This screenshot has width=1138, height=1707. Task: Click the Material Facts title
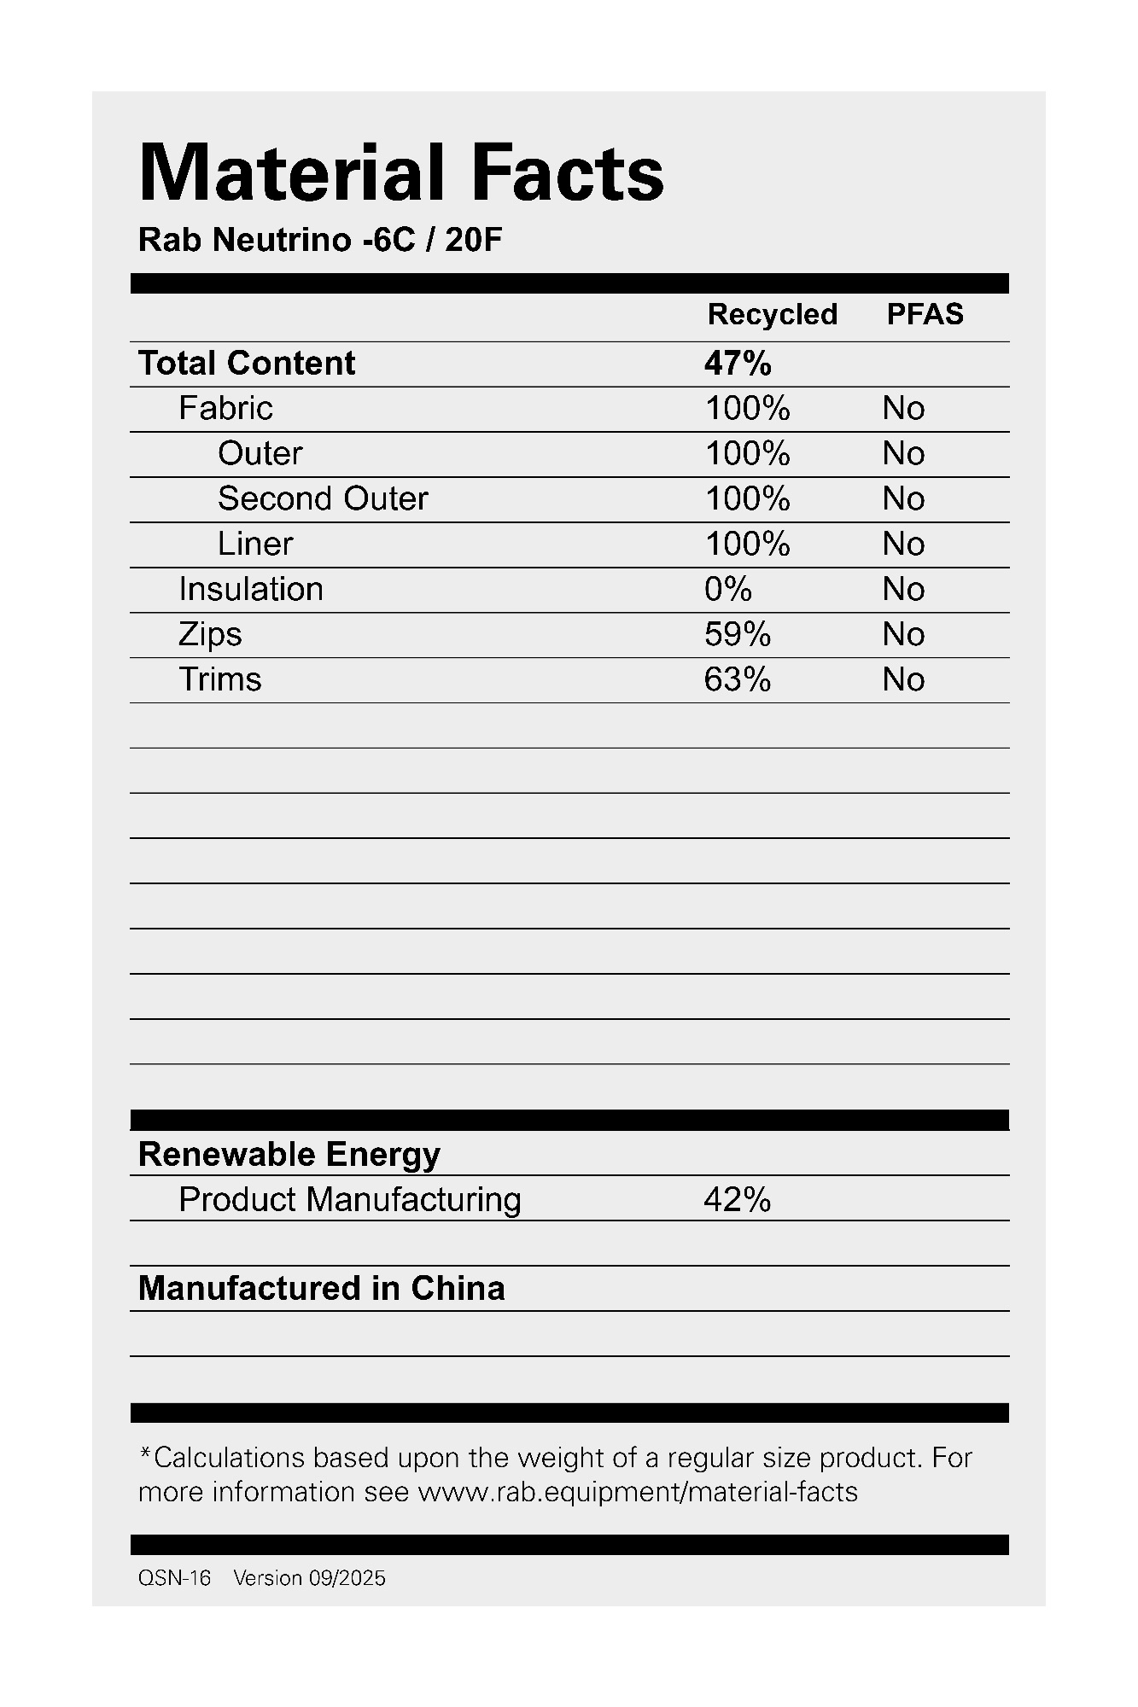coord(400,173)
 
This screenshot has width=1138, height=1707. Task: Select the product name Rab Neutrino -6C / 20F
coord(320,241)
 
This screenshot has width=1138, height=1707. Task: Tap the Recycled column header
coord(772,315)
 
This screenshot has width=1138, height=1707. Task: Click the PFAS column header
coord(925,315)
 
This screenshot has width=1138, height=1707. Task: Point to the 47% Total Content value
coord(738,364)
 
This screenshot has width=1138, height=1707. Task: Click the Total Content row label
coord(247,364)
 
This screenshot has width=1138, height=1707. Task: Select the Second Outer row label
coord(323,498)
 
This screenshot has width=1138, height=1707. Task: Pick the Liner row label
coord(255,544)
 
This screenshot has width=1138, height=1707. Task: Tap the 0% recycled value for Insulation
coord(728,589)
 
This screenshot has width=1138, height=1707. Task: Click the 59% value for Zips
coord(738,634)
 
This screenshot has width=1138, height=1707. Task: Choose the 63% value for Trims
coord(738,679)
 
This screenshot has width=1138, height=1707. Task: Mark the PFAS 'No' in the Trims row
coord(903,679)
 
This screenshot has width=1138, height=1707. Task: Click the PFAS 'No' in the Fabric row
coord(903,409)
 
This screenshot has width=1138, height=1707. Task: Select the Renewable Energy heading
coord(289,1155)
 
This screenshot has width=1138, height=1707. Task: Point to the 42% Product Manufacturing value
coord(738,1200)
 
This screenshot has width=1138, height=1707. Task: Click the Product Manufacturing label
coord(350,1200)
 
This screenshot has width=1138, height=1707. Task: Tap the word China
coord(458,1289)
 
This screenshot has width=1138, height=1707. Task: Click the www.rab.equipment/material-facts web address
coord(638,1492)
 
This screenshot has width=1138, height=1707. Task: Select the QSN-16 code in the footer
coord(174,1578)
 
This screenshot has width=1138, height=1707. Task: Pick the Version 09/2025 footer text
coord(309,1578)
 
